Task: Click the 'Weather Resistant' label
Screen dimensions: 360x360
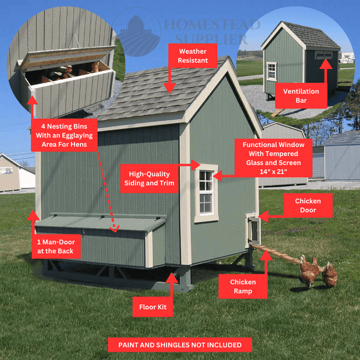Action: [193, 56]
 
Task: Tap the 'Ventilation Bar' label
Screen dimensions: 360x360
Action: [301, 95]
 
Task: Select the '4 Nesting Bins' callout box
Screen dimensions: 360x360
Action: [64, 135]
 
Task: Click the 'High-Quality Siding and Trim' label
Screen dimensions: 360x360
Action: [149, 178]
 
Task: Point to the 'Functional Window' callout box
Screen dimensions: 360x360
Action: [274, 158]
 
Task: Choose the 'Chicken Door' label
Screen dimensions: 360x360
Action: [308, 205]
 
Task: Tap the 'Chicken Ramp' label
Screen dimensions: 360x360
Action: [243, 286]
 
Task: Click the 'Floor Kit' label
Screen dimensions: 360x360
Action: [152, 307]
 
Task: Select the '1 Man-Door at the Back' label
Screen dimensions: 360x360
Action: [56, 247]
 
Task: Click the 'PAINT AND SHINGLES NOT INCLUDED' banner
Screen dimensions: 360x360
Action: [180, 345]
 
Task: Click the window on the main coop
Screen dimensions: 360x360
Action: [206, 193]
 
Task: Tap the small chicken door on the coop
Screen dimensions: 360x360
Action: [253, 229]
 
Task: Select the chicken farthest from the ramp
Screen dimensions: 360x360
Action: [329, 275]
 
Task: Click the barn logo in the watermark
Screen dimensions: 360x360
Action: [137, 32]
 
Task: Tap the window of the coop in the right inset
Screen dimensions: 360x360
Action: [271, 71]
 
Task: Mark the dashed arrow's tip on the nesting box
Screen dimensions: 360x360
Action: [114, 231]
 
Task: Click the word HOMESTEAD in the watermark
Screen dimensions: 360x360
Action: [212, 25]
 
